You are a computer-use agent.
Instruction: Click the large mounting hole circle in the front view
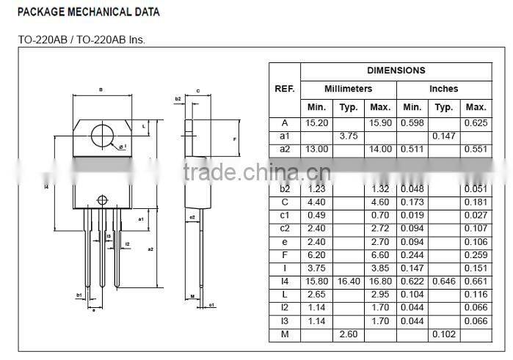point(104,136)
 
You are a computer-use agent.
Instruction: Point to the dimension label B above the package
point(100,90)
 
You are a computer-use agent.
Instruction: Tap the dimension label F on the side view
point(233,139)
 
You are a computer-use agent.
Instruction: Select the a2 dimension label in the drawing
point(150,249)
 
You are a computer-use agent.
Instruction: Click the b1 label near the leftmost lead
point(79,295)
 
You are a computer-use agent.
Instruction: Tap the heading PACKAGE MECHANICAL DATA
point(88,12)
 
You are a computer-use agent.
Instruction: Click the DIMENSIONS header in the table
point(396,70)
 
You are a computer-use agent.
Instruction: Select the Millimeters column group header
point(349,89)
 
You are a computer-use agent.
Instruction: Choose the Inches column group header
point(443,89)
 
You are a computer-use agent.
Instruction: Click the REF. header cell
point(285,89)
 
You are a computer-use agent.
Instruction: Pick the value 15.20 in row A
point(316,122)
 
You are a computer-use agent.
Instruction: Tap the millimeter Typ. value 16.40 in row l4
point(349,282)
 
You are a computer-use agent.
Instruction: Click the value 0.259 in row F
point(476,255)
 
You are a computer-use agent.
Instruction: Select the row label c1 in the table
point(285,215)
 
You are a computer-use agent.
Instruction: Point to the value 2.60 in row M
point(349,334)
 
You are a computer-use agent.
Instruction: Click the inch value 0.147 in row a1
point(443,136)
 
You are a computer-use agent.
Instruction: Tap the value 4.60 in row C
point(380,202)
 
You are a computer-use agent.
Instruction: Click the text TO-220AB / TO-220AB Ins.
point(81,39)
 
